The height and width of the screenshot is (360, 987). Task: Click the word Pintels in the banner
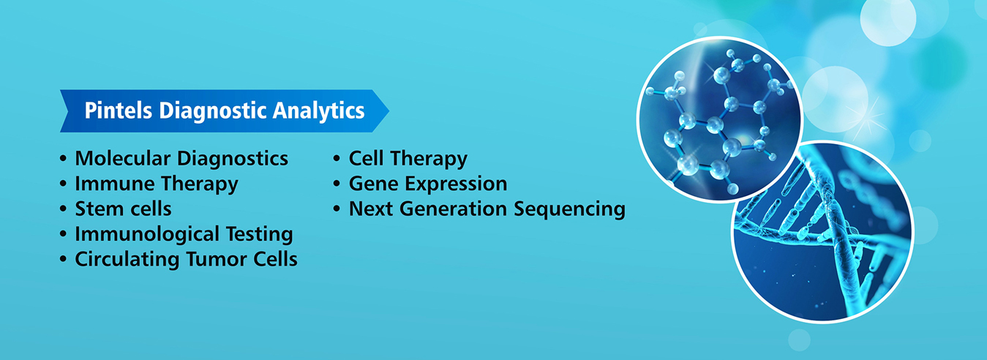tap(119, 110)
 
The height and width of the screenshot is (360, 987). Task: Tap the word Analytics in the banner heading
tap(318, 111)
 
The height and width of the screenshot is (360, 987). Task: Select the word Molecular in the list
tap(122, 158)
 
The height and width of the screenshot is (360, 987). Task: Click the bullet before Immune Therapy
tap(64, 184)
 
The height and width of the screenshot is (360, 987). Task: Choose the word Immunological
tap(147, 234)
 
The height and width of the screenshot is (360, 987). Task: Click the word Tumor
tap(210, 259)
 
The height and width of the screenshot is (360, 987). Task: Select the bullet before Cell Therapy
tap(337, 159)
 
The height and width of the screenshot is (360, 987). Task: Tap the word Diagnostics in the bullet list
tap(233, 159)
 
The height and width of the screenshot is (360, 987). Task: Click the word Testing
tap(260, 234)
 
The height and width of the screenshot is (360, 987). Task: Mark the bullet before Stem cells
tap(64, 209)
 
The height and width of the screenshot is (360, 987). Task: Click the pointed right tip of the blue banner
tap(389, 111)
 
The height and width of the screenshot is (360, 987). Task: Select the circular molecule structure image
tap(720, 119)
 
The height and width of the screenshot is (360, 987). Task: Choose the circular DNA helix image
tap(822, 232)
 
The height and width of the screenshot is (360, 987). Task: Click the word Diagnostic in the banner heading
tap(212, 111)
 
